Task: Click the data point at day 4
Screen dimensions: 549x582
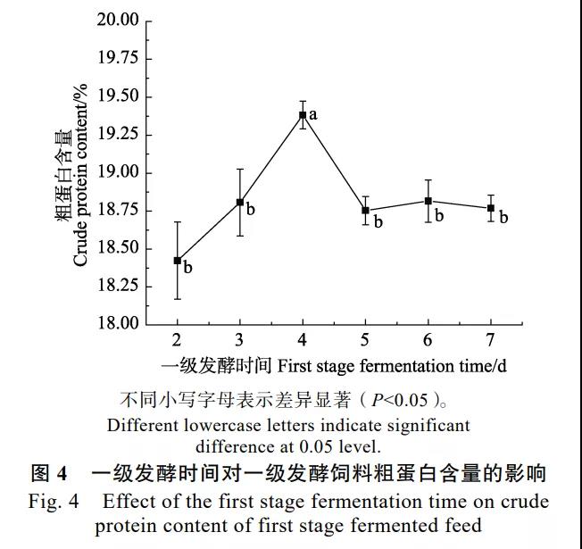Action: (x=303, y=115)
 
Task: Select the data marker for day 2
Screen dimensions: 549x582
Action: (x=177, y=261)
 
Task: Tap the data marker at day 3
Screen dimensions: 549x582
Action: (x=240, y=203)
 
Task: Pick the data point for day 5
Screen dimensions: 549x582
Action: (x=365, y=211)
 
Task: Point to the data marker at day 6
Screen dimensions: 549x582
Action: (x=428, y=201)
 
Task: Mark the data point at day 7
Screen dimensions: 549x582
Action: (x=491, y=208)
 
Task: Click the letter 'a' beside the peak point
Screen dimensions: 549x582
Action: (x=313, y=114)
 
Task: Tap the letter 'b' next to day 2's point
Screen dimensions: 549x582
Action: (x=187, y=267)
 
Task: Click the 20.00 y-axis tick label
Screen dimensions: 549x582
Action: (x=116, y=21)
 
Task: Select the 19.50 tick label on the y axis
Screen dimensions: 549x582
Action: (x=116, y=96)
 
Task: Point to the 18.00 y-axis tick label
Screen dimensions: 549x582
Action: (x=116, y=323)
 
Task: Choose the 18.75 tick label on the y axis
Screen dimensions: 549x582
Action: (x=116, y=210)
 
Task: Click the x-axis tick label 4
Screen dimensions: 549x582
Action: (x=303, y=340)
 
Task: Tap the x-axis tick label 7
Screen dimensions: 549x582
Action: (x=491, y=340)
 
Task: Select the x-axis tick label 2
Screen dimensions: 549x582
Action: (x=177, y=340)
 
